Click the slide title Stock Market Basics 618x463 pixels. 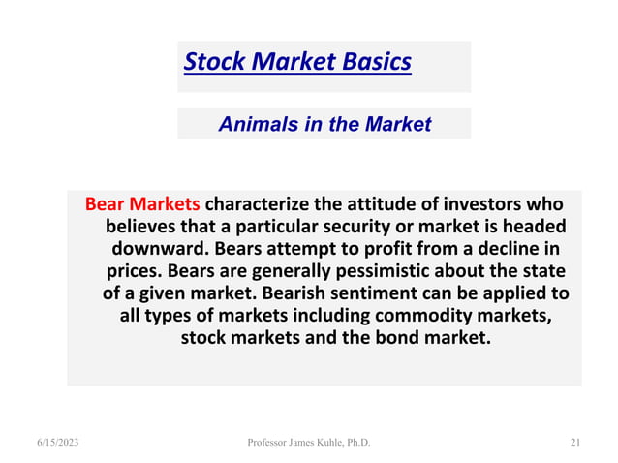point(297,63)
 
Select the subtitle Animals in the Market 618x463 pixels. point(324,124)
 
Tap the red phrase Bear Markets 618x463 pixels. point(142,205)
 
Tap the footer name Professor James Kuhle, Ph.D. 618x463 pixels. point(308,443)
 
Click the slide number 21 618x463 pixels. point(574,443)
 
